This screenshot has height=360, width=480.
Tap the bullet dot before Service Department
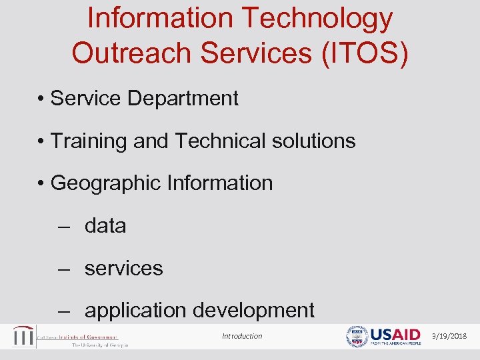pos(41,99)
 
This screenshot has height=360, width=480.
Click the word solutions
pos(317,141)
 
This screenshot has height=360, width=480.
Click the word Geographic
pos(107,183)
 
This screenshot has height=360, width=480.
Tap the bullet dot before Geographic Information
pos(41,184)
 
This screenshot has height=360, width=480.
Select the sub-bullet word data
pos(105,226)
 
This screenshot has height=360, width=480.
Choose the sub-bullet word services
pos(123,269)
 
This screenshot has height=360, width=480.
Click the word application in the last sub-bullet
pos(135,311)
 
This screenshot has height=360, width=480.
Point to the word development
pos(253,311)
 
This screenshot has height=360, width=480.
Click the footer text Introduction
pos(242,337)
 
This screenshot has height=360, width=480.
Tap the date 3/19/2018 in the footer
pos(449,337)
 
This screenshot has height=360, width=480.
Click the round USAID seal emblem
pos(357,337)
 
